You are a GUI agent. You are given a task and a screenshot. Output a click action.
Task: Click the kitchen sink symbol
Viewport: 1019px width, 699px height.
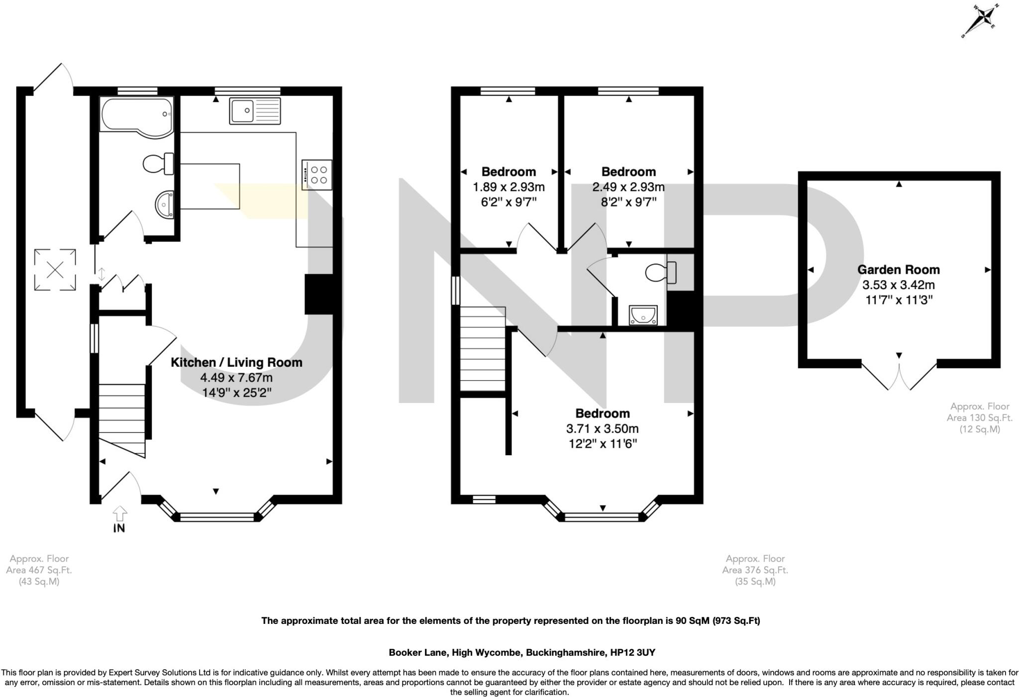click(255, 111)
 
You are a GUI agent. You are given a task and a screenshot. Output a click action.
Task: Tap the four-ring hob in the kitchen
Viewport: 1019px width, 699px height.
click(317, 175)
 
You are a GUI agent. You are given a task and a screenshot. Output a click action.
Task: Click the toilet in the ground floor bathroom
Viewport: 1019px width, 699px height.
click(158, 164)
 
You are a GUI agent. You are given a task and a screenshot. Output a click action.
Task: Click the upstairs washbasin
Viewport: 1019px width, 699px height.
click(643, 315)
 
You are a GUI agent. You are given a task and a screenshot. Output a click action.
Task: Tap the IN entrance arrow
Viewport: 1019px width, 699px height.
click(119, 519)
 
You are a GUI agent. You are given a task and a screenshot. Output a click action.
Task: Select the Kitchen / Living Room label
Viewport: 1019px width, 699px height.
click(236, 362)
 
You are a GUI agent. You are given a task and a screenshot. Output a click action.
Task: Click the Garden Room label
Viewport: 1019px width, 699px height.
click(898, 270)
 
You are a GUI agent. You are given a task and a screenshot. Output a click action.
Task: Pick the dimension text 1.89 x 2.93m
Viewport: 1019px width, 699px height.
click(509, 187)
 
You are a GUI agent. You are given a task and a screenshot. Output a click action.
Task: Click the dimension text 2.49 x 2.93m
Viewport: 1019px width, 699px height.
click(628, 187)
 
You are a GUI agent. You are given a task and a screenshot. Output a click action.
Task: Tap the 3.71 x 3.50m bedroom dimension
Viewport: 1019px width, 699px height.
click(603, 428)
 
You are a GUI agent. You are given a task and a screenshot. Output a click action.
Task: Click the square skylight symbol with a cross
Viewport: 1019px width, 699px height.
click(55, 270)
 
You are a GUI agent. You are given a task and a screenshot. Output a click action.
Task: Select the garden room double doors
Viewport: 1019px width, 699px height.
click(899, 377)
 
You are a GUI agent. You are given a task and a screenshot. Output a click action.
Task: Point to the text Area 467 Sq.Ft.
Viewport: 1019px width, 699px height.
click(39, 570)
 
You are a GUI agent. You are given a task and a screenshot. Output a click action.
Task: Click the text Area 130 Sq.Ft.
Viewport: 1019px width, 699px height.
click(979, 418)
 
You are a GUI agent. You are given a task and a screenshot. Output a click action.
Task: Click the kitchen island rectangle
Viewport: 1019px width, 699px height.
click(209, 186)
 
